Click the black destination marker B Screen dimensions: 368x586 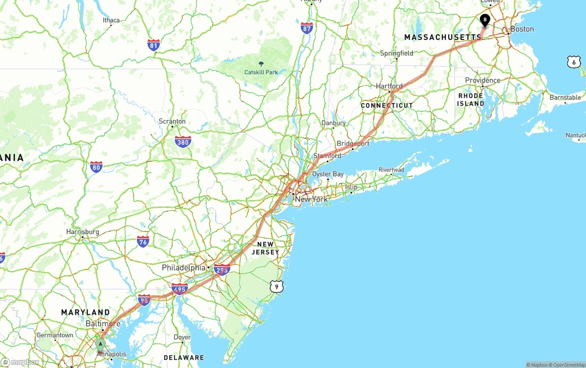click(485, 20)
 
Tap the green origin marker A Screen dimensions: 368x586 click(100, 345)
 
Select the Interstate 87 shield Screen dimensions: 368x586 click(307, 27)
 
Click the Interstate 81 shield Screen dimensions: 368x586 click(154, 45)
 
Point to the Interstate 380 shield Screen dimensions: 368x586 click(183, 142)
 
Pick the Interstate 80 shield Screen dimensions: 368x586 click(96, 167)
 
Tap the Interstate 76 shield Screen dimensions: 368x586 click(143, 242)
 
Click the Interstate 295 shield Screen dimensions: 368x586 click(222, 269)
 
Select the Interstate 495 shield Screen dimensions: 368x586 click(179, 289)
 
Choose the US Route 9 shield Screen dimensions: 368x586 click(276, 286)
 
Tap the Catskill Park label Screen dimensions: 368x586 click(261, 72)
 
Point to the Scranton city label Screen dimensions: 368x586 click(172, 121)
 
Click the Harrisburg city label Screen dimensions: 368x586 click(83, 232)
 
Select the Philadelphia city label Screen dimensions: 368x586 click(184, 268)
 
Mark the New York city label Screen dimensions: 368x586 click(311, 199)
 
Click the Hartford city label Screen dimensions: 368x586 click(389, 86)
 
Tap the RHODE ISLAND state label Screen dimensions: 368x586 click(471, 99)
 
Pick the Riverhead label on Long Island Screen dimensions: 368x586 click(391, 170)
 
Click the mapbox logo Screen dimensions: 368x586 click(21, 362)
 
